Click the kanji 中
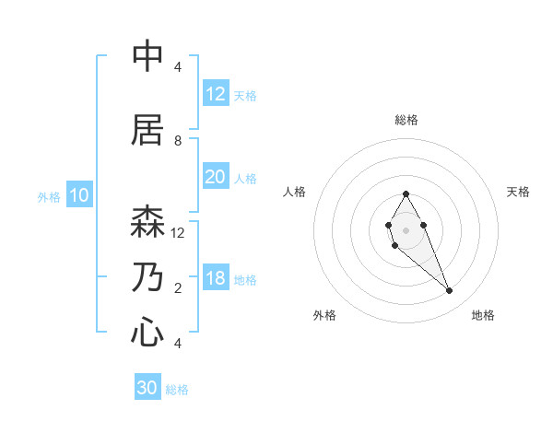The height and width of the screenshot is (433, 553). (147, 56)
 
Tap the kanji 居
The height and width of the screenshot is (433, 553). (147, 130)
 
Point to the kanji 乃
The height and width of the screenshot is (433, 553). (147, 277)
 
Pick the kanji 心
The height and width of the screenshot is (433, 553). (147, 332)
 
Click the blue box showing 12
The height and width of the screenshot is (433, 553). (215, 94)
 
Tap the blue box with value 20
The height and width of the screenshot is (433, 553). (215, 177)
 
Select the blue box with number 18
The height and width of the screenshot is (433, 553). (215, 278)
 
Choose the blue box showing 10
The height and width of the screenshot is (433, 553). (78, 195)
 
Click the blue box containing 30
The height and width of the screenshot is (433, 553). (147, 388)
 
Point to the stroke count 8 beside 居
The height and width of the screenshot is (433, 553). (178, 141)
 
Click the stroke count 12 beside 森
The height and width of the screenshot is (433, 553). (178, 232)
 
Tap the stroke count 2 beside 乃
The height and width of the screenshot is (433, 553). (178, 288)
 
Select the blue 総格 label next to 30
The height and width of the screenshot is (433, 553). (177, 390)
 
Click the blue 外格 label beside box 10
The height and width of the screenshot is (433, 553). (49, 196)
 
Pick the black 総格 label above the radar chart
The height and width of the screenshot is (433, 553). (406, 120)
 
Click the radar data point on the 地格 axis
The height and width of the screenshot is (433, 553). (449, 291)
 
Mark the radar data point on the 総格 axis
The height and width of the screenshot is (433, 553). (406, 194)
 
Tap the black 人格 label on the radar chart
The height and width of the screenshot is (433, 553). (294, 192)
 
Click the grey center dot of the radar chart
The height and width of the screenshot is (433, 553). (406, 228)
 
